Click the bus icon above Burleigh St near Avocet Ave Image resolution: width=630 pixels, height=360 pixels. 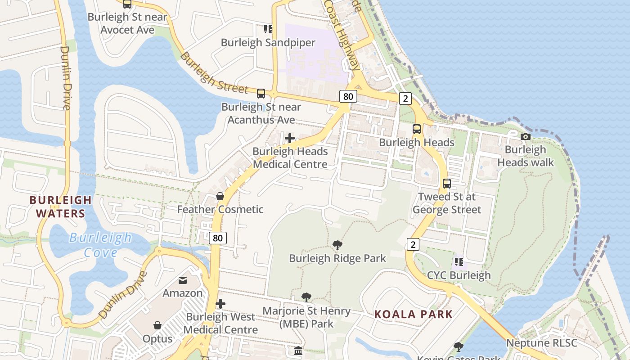click(x=127, y=4)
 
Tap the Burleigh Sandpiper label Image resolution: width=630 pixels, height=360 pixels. click(x=268, y=42)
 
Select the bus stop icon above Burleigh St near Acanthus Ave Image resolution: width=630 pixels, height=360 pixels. click(x=261, y=94)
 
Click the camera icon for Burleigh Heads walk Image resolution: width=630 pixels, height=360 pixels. click(x=525, y=136)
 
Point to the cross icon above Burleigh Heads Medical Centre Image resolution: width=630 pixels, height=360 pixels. click(x=290, y=138)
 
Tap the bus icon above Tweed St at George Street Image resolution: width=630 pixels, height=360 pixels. click(x=446, y=184)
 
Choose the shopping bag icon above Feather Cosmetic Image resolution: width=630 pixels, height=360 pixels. click(x=220, y=196)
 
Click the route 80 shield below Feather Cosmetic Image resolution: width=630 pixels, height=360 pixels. click(x=218, y=238)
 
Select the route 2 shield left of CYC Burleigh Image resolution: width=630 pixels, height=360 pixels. click(x=413, y=244)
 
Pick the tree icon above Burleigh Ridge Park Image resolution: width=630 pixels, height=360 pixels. click(x=337, y=245)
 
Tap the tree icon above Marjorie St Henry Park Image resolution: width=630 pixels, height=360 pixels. click(x=306, y=297)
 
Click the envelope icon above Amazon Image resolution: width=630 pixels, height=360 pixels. click(x=183, y=280)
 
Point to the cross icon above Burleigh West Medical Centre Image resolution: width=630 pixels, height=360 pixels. click(x=220, y=304)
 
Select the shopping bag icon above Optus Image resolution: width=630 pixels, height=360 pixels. click(x=157, y=325)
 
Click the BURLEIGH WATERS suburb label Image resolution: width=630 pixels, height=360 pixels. click(x=61, y=207)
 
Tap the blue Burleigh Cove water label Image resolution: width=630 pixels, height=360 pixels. click(x=100, y=245)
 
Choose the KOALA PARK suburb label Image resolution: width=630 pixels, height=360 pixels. click(x=413, y=314)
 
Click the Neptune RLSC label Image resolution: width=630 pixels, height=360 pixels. click(x=541, y=343)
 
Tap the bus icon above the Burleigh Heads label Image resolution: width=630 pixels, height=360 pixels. click(x=417, y=129)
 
